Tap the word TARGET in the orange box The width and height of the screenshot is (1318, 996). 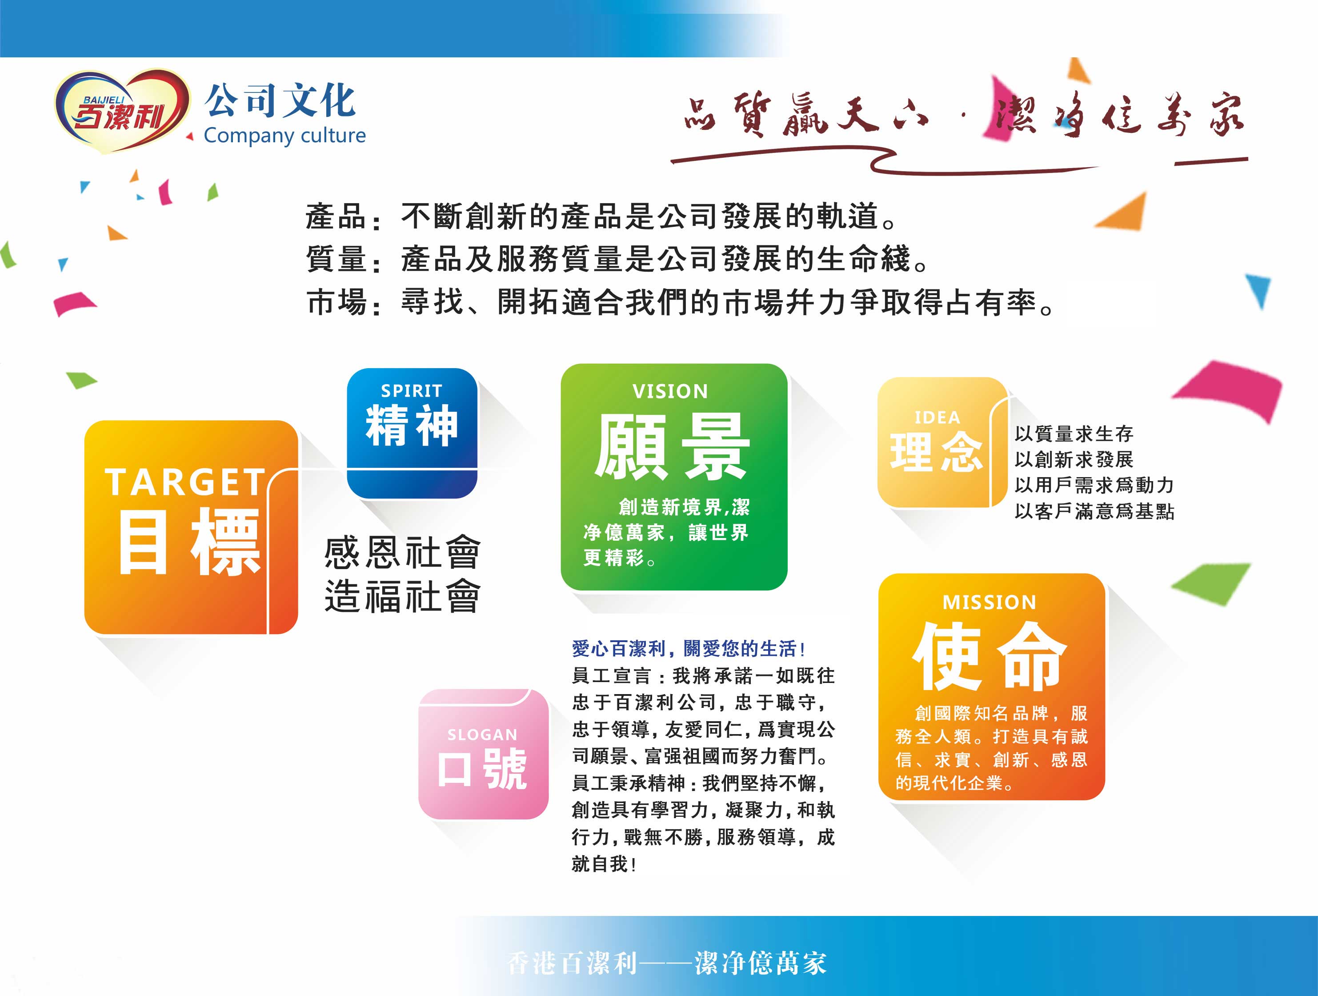tap(185, 482)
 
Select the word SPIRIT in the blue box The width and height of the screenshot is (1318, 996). tap(412, 391)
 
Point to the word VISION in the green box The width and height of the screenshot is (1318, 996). tap(670, 392)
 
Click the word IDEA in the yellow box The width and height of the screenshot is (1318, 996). tap(937, 418)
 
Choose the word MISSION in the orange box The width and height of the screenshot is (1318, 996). tap(990, 602)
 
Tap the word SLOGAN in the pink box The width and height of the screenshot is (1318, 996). tap(483, 735)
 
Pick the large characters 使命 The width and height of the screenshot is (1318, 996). tap(990, 656)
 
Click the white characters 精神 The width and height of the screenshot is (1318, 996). tap(412, 426)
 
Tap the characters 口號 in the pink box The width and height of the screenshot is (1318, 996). tap(483, 769)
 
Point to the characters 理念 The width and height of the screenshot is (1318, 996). tap(937, 452)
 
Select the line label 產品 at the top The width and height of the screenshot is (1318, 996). tap(336, 217)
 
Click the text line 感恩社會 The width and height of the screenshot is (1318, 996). tap(403, 553)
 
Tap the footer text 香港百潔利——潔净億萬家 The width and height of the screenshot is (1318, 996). tap(667, 963)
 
